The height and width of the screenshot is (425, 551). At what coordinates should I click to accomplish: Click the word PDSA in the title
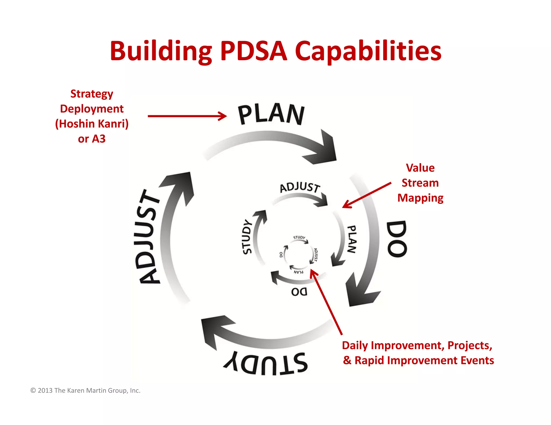coord(254,51)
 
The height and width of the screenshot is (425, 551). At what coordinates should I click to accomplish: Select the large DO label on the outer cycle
coord(397,239)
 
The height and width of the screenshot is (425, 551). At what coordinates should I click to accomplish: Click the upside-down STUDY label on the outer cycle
coord(266,363)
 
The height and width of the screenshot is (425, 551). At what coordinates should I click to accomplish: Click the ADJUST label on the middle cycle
coord(300,187)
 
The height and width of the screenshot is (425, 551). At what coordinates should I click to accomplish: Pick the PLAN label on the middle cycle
coord(352,239)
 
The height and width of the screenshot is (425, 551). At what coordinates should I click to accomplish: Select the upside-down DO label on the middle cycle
coord(299,292)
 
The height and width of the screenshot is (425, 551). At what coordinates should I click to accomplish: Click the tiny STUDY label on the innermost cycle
coord(299,237)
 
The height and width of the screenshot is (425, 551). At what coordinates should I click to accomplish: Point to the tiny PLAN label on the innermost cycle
coord(298,272)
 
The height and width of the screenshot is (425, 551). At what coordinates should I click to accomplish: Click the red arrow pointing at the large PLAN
coord(187,116)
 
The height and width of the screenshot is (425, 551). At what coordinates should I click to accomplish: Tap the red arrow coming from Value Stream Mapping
coord(366,195)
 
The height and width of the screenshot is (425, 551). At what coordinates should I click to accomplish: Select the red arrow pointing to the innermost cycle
coord(326,302)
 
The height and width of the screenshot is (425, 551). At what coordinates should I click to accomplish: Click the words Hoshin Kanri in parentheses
coord(92,124)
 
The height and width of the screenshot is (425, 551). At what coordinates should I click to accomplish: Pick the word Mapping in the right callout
coord(420,198)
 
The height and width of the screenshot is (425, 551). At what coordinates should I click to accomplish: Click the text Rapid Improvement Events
coord(424,360)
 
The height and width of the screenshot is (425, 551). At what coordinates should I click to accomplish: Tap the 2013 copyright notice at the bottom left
coord(86,390)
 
